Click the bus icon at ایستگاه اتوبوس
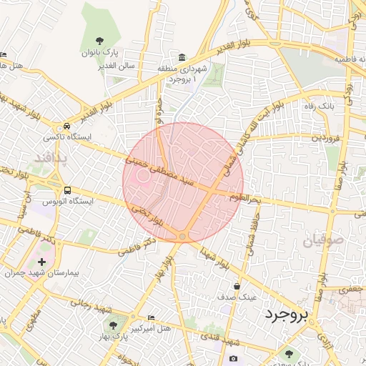(67, 191)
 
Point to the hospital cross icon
(41, 262)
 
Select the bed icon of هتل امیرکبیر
(150, 317)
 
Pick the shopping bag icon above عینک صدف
(237, 286)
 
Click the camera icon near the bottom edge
(233, 358)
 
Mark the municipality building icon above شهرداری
(183, 57)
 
